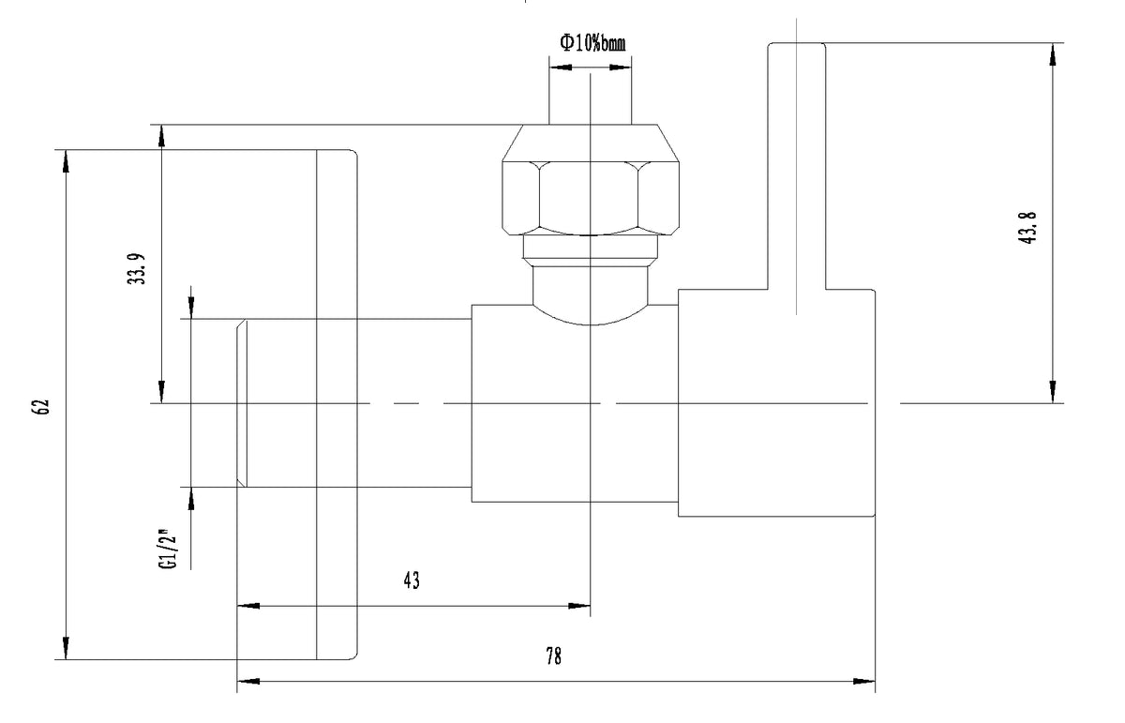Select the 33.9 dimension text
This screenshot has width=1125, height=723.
[x=136, y=269]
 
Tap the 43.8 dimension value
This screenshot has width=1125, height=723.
[x=1027, y=228]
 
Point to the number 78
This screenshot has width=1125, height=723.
[x=553, y=656]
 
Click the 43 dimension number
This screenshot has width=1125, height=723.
[x=412, y=580]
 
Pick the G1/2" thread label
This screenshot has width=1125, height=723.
[x=169, y=549]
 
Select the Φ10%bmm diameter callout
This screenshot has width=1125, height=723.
[x=592, y=43]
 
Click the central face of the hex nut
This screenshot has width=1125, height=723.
[x=588, y=199]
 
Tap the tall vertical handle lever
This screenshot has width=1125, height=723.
[x=796, y=166]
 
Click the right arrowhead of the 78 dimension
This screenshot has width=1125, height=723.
[x=864, y=682]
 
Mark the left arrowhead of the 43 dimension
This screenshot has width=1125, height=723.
[x=248, y=606]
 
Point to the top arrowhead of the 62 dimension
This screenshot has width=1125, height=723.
[x=66, y=161]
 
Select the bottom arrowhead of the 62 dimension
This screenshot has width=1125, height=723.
[x=66, y=648]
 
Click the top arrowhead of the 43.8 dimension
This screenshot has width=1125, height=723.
[x=1053, y=54]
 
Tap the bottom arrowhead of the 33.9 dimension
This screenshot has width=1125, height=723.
[x=161, y=392]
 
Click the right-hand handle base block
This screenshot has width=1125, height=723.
[x=776, y=403]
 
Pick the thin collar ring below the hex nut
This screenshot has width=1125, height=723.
[x=590, y=247]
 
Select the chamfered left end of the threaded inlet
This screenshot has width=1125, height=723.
[x=242, y=403]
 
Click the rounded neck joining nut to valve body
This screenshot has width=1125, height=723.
[x=590, y=294]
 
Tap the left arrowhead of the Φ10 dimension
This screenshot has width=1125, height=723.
[x=561, y=67]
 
